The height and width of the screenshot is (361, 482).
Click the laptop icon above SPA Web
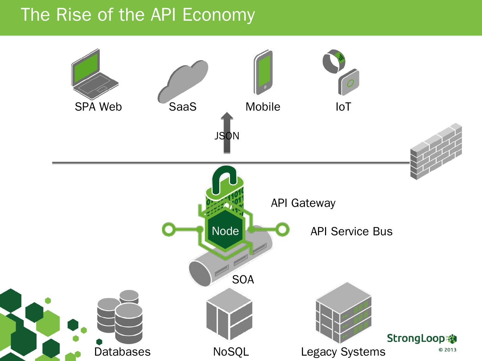pyautogui.click(x=95, y=74)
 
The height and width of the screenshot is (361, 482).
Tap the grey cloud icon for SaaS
pyautogui.click(x=183, y=82)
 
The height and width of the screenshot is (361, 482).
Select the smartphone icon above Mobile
pyautogui.click(x=263, y=72)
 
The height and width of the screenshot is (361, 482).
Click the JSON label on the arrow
pyautogui.click(x=227, y=136)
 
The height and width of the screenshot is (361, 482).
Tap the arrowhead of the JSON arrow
pyautogui.click(x=227, y=116)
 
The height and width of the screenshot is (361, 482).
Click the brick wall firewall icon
pyautogui.click(x=436, y=151)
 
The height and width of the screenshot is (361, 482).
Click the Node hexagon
pyautogui.click(x=225, y=230)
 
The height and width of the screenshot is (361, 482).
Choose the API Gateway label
pyautogui.click(x=303, y=203)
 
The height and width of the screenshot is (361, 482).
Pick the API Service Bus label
pyautogui.click(x=351, y=231)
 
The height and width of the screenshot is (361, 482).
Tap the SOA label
pyautogui.click(x=243, y=280)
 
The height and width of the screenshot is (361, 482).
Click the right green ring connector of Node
pyautogui.click(x=283, y=230)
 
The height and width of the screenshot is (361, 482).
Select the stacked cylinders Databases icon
pyautogui.click(x=120, y=317)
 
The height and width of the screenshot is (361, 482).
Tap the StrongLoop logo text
pyautogui.click(x=416, y=338)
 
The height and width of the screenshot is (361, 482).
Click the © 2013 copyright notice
pyautogui.click(x=448, y=350)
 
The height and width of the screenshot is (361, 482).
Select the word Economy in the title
pyautogui.click(x=219, y=15)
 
